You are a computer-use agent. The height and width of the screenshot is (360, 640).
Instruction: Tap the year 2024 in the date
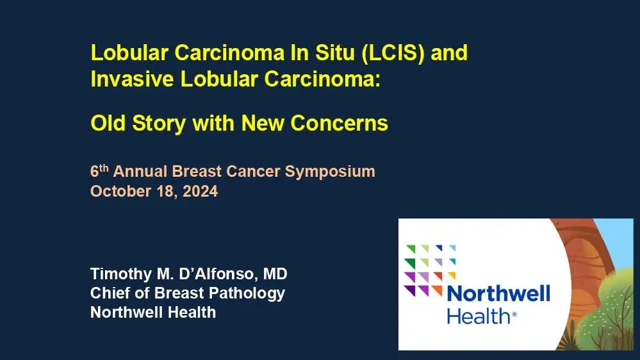tap(200, 191)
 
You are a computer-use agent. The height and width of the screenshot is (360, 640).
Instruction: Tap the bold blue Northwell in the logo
tap(498, 294)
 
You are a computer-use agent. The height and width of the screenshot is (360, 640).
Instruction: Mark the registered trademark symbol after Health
tap(514, 315)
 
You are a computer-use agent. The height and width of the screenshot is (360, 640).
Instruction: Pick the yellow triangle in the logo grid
tap(452, 276)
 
